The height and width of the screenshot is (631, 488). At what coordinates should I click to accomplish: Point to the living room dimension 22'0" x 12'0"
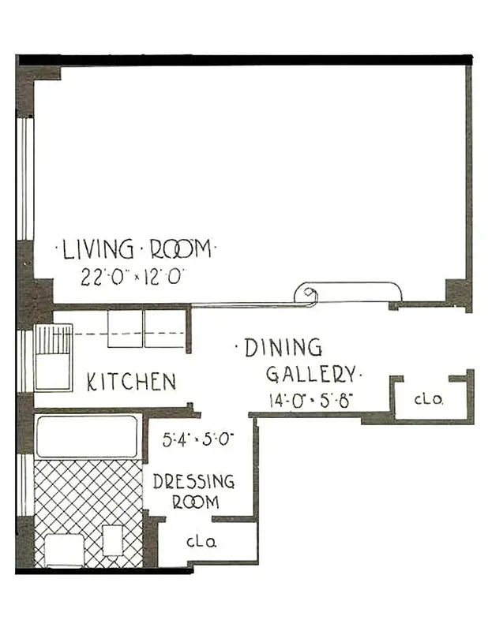click(x=133, y=278)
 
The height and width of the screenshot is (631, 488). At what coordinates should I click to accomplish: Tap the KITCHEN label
click(x=131, y=383)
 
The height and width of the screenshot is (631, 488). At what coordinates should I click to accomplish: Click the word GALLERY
click(x=311, y=374)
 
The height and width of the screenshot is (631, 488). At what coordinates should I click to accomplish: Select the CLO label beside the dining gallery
click(x=429, y=400)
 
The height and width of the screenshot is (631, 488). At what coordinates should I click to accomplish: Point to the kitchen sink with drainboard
click(x=53, y=357)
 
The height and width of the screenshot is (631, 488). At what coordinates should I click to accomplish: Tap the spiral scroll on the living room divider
click(x=306, y=296)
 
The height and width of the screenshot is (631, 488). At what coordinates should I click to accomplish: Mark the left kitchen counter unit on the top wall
click(x=125, y=328)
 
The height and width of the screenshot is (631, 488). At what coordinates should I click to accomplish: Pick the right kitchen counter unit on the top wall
click(x=164, y=328)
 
